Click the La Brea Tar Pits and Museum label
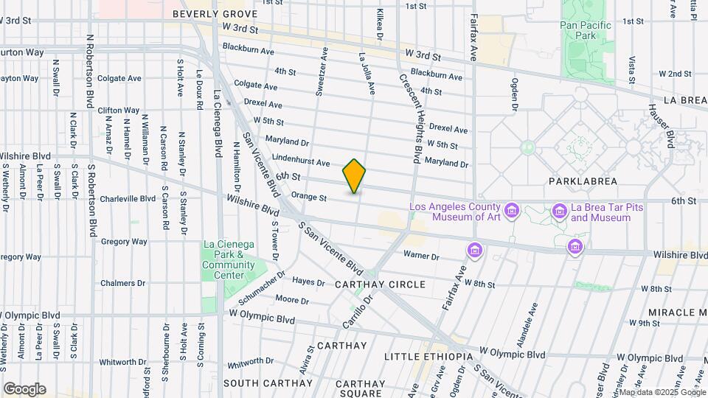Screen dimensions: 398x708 pyautogui.click(x=601, y=212)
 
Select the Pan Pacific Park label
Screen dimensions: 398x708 pyautogui.click(x=586, y=30)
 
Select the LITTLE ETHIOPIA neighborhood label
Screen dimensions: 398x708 pyautogui.click(x=428, y=357)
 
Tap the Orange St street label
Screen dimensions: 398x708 pyautogui.click(x=308, y=197)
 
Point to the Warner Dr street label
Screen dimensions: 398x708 pyautogui.click(x=421, y=256)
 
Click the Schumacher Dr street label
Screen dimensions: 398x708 pyautogui.click(x=263, y=288)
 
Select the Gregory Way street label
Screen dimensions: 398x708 pyautogui.click(x=124, y=241)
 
